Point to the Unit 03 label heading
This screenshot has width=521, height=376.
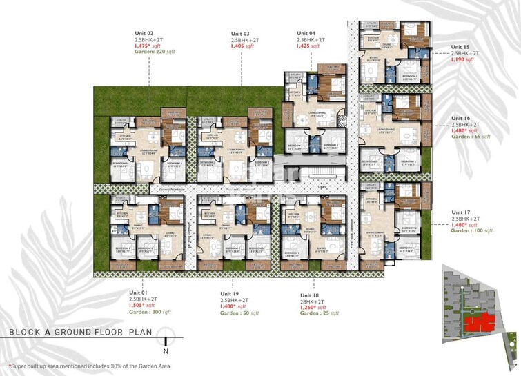click(x=240, y=34)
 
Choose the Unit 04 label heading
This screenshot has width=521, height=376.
click(x=306, y=34)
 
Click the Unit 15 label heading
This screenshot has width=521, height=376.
click(x=461, y=47)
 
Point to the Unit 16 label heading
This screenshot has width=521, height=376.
click(x=461, y=118)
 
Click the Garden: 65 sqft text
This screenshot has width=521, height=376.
click(x=471, y=137)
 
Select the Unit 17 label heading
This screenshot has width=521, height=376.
click(x=461, y=212)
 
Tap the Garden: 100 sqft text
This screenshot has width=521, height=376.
click(x=472, y=230)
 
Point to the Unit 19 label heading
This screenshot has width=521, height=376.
click(x=230, y=293)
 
